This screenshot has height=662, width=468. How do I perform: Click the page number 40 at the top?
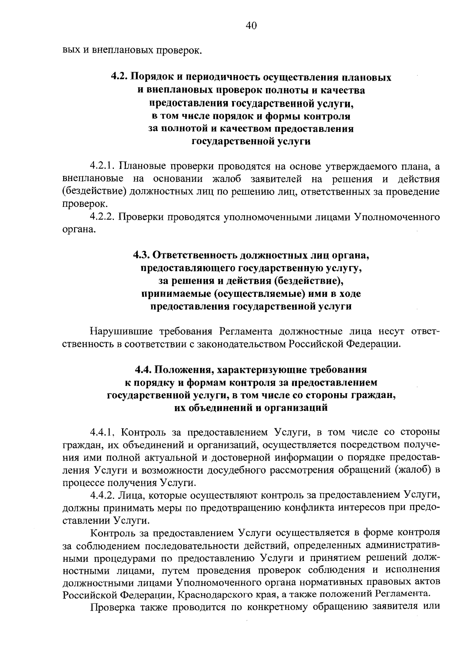click(x=251, y=26)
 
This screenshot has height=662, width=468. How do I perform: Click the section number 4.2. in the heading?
click(x=119, y=77)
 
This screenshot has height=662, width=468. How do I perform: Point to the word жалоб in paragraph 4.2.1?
click(x=226, y=179)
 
